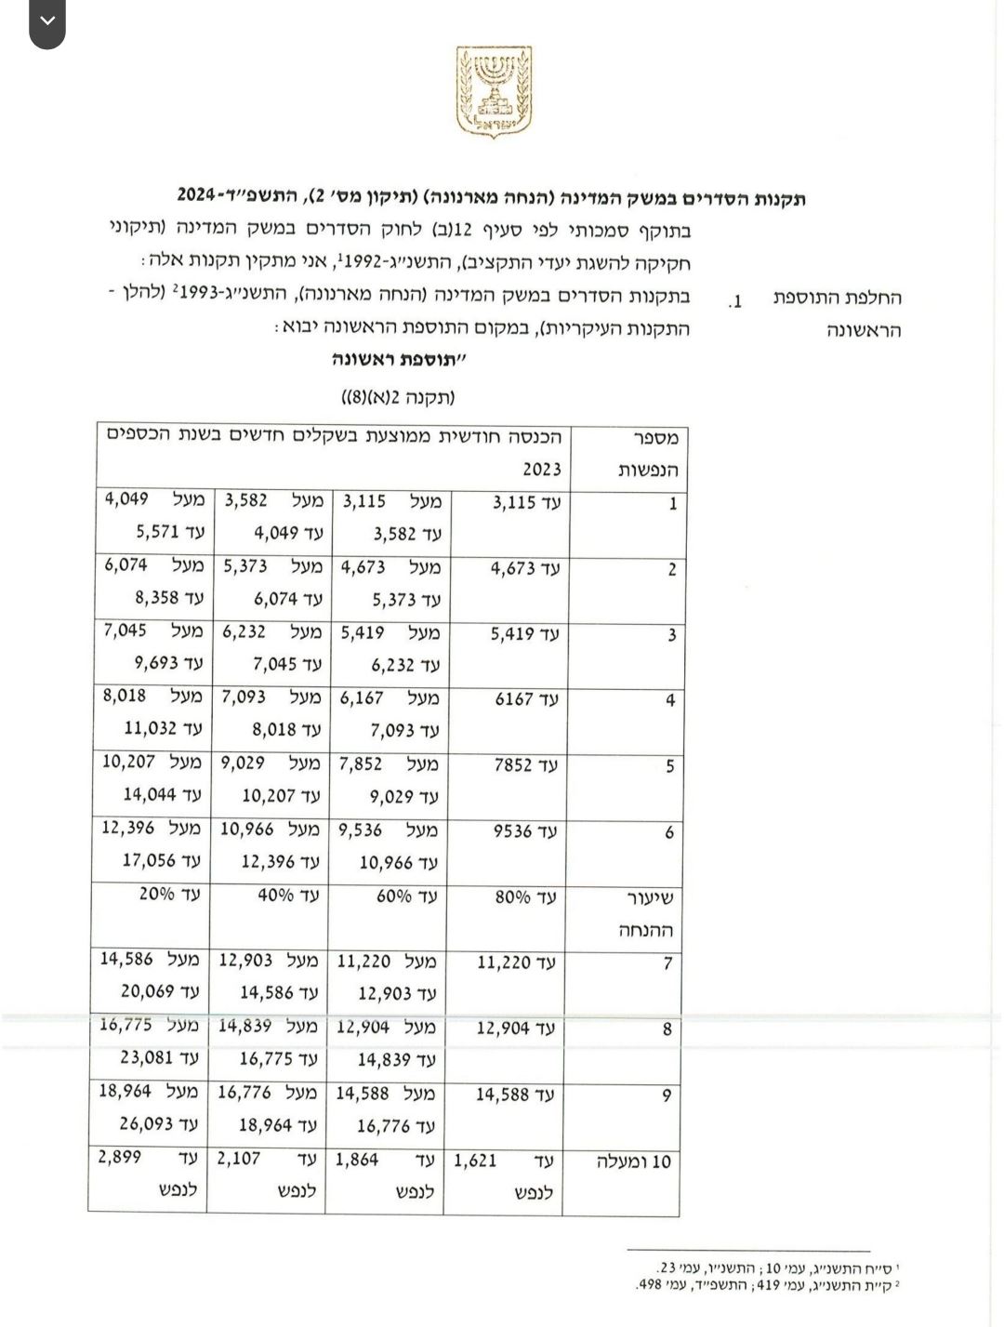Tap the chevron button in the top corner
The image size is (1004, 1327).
47,21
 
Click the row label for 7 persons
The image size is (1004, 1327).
667,963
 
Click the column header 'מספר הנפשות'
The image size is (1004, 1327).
649,454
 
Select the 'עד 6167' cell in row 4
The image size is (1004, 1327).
526,699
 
